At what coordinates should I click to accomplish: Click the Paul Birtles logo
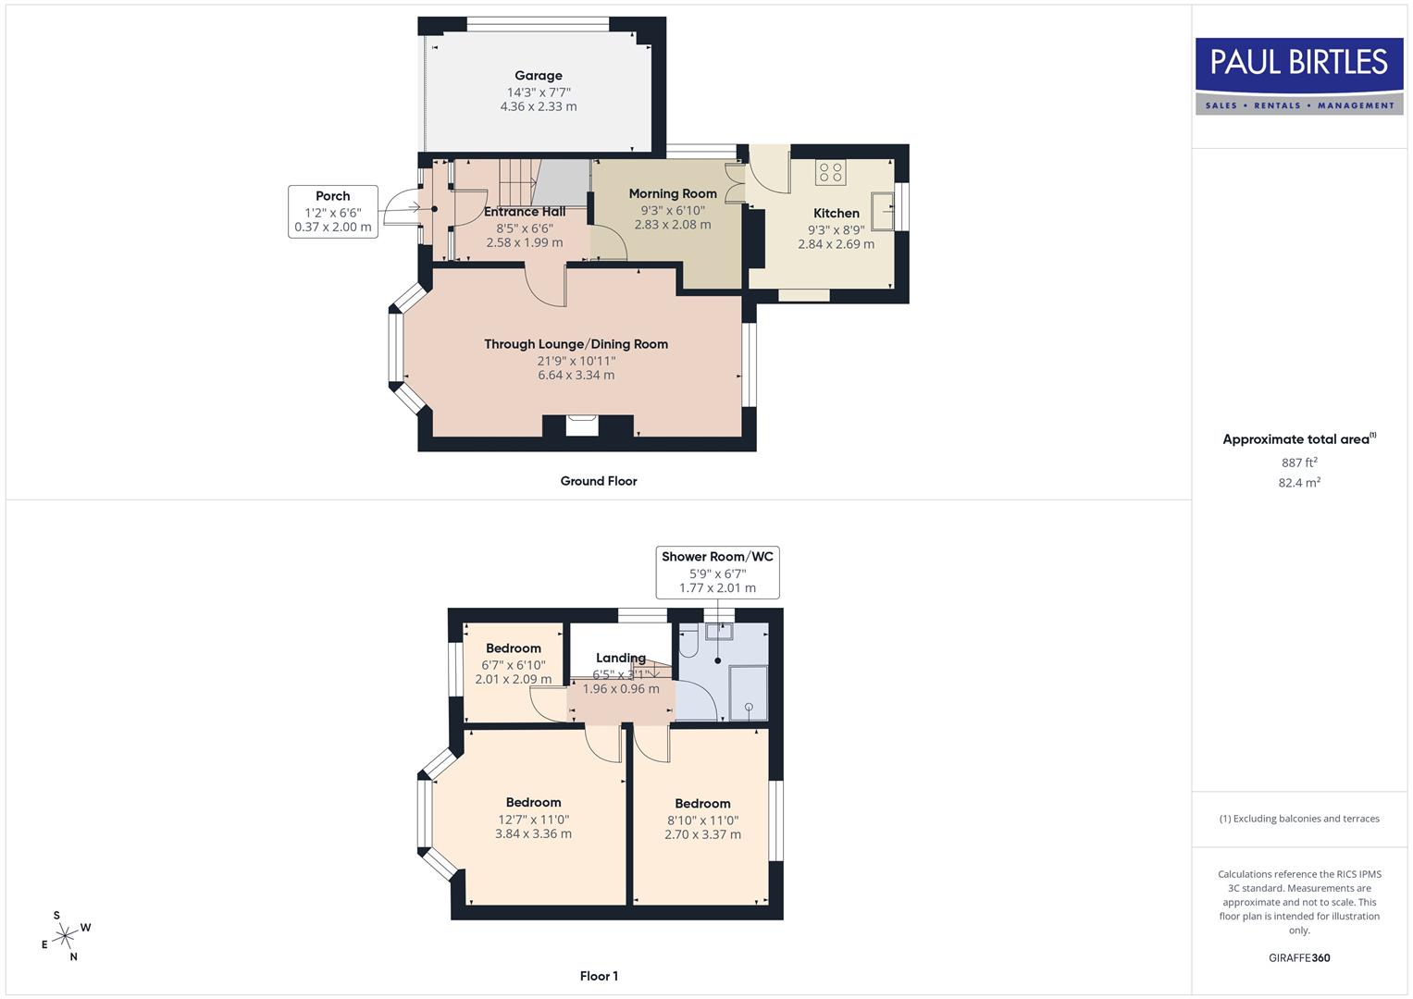click(1299, 76)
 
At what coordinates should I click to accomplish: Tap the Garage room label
click(539, 76)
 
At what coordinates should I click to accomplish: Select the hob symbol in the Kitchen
click(830, 172)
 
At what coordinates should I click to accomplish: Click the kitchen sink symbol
click(882, 211)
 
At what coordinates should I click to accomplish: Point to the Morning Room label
click(673, 193)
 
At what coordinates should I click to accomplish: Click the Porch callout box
click(333, 212)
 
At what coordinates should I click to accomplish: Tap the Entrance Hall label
click(525, 211)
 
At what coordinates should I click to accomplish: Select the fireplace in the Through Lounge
click(582, 425)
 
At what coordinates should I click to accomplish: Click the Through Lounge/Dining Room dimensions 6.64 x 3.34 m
click(576, 376)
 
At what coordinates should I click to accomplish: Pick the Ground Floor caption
click(599, 481)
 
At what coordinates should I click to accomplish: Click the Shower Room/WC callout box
click(717, 572)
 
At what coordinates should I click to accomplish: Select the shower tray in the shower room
click(749, 694)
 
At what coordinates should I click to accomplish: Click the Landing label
click(620, 658)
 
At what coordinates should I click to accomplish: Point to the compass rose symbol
click(65, 936)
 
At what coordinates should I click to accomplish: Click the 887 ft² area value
click(1299, 462)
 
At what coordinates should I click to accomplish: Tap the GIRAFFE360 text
click(1299, 958)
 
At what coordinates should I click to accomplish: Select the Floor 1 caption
click(599, 976)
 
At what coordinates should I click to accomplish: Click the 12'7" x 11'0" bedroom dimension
click(533, 820)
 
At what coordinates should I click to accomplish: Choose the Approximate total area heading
click(1297, 439)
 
